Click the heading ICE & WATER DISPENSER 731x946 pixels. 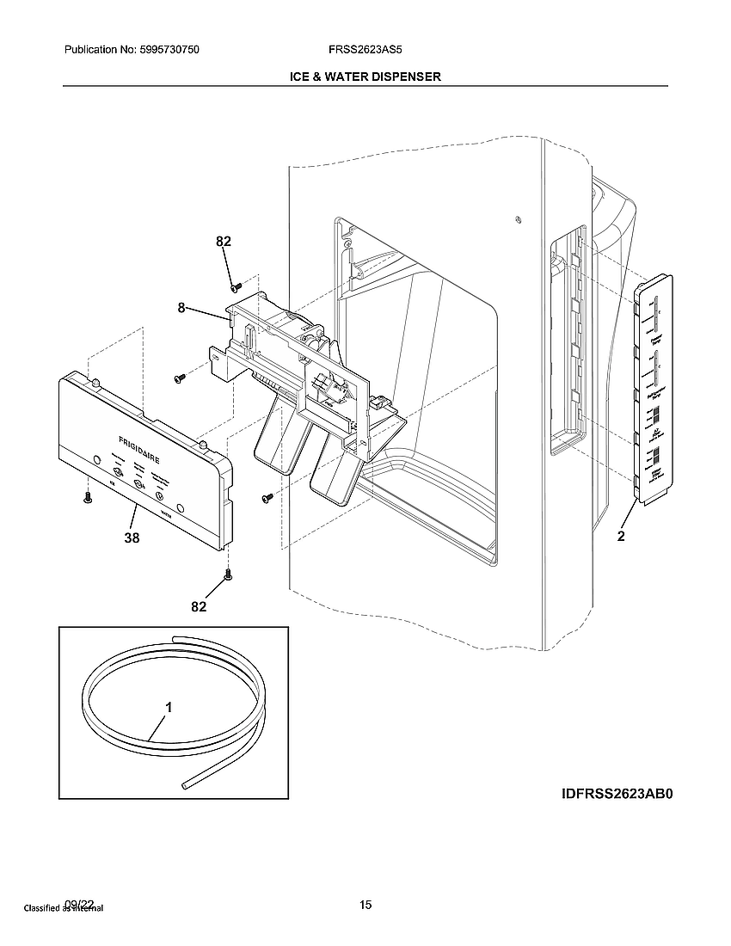[365, 77]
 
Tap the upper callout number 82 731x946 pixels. [224, 243]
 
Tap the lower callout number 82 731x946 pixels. [199, 606]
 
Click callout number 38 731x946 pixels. [131, 538]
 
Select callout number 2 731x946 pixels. [620, 537]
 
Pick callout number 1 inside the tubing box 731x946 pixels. [169, 708]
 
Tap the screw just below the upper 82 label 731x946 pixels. [235, 285]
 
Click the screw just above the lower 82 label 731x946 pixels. [228, 574]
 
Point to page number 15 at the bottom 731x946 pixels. [365, 904]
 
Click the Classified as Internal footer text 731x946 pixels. [63, 908]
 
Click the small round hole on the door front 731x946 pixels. [518, 218]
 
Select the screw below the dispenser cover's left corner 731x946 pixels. [86, 497]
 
